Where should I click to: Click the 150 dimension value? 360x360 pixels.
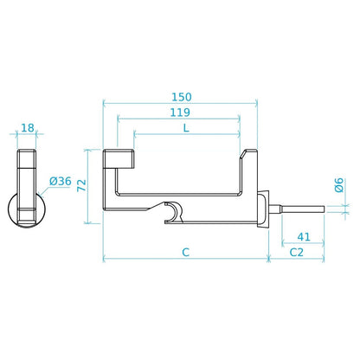pos(182,97)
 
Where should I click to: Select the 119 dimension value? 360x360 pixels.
pos(180,112)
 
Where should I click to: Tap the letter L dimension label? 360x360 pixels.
pos(186,128)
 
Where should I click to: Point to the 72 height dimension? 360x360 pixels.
pos(81,185)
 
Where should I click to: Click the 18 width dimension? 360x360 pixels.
pos(28,128)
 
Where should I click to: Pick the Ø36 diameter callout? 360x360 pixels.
pos(60,181)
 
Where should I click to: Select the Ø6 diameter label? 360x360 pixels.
pos(339,185)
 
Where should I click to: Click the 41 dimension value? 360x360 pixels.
pos(304,237)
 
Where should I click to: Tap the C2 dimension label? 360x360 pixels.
pos(297,253)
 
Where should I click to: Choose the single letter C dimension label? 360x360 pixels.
pos(186,253)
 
